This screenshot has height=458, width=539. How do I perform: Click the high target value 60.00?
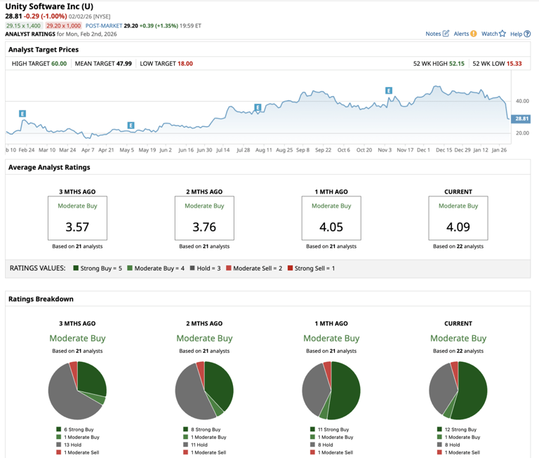(x=58, y=64)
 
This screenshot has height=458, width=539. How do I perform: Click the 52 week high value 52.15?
(x=457, y=64)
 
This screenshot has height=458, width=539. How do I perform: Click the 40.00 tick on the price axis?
(x=522, y=101)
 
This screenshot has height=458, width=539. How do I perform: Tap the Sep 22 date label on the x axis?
(x=323, y=150)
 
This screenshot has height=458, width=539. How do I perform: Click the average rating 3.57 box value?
(x=77, y=227)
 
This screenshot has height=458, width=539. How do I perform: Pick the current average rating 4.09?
(x=458, y=227)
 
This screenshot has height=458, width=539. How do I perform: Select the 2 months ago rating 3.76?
(x=204, y=227)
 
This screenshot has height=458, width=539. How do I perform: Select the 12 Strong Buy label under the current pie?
(x=460, y=429)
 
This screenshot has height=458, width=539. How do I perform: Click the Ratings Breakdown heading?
(x=41, y=299)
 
